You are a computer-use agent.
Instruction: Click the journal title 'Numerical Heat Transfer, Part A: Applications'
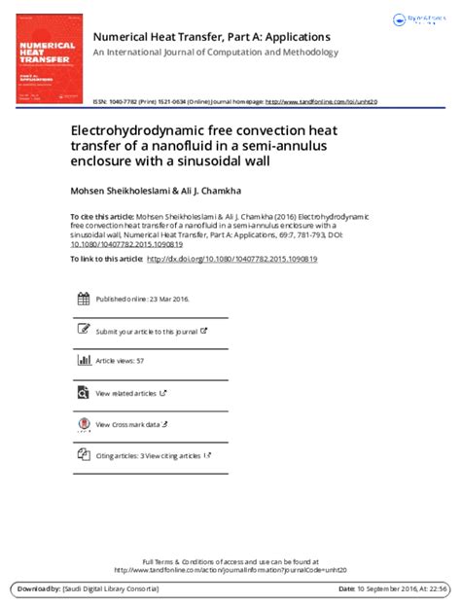tap(211, 36)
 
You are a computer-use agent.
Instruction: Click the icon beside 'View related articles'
tap(82, 393)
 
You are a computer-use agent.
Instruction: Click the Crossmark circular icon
tap(82, 424)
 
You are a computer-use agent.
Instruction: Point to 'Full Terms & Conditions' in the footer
tap(180, 562)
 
